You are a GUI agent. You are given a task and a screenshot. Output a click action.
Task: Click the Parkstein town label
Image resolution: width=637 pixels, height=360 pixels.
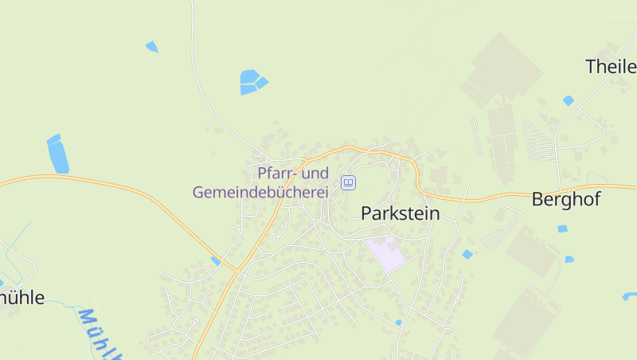401,213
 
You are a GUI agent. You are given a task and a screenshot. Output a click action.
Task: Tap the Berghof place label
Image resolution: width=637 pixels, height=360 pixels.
565,199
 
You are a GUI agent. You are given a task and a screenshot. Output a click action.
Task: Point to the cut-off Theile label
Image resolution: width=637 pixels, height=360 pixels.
611,66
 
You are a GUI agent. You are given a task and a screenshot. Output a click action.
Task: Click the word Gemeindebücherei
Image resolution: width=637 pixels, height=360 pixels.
260,192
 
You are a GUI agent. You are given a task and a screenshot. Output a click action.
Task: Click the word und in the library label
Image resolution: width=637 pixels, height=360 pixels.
315,173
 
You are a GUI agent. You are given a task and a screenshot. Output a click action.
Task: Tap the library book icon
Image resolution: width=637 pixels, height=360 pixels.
348,183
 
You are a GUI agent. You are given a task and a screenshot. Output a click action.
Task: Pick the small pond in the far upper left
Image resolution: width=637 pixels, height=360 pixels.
151,46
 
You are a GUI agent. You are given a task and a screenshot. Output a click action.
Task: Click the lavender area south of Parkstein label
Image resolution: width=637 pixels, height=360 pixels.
385,253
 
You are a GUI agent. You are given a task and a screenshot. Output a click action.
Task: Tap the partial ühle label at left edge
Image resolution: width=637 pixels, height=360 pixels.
21,298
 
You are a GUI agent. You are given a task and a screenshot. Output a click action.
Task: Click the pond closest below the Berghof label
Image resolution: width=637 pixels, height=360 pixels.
562,229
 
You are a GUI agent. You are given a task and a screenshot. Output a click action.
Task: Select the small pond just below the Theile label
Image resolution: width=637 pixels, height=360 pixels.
568,100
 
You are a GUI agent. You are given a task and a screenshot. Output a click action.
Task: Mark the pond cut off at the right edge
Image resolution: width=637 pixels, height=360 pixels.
630,296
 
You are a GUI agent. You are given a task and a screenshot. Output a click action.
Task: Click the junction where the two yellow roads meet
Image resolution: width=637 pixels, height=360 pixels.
237,272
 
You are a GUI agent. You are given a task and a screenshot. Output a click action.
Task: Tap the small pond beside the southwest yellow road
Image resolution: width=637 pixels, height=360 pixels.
215,260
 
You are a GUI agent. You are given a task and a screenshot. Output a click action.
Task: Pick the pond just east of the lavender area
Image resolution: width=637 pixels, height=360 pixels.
467,254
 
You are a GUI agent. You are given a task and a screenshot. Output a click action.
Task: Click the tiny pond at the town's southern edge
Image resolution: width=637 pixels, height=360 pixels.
398,323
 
